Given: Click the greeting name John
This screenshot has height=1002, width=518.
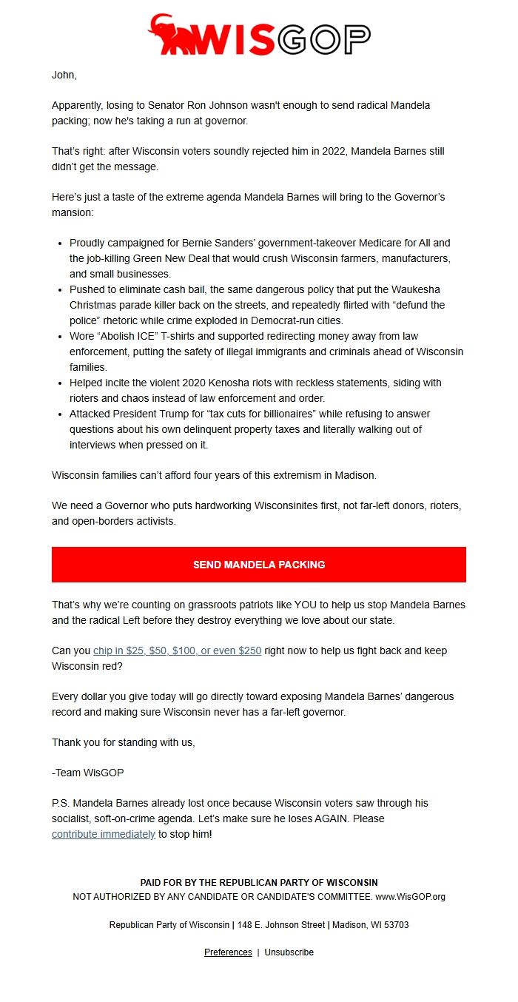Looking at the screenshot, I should (64, 75).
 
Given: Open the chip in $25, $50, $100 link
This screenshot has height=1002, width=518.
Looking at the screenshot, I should (177, 650).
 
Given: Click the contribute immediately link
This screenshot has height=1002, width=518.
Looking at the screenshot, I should (103, 834).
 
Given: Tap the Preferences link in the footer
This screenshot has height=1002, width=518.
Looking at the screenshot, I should (228, 952).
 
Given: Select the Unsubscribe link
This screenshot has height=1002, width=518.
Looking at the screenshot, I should (289, 952).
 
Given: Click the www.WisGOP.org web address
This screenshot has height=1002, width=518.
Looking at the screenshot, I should (410, 897).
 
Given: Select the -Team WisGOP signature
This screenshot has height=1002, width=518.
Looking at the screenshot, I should (87, 773).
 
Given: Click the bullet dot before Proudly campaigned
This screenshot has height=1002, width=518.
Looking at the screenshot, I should (60, 243).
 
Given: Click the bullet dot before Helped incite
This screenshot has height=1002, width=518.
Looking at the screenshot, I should (60, 383).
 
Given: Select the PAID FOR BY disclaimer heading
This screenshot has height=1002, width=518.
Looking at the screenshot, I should (259, 883).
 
